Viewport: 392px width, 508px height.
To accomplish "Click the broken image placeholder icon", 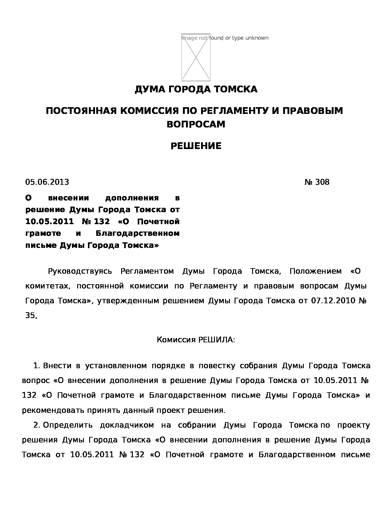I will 196,57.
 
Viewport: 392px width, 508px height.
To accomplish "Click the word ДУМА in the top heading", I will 146,89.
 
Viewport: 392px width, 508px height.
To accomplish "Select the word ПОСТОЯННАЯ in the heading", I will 81,111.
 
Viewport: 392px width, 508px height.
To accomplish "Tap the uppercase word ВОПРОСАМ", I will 196,124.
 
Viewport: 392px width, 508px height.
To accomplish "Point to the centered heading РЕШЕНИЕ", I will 196,146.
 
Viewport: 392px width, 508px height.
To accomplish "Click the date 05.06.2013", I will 47,182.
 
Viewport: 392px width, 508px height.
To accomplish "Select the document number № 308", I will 317,182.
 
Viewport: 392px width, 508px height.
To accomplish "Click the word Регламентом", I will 147,272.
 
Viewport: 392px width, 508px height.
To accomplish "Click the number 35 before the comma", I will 30,316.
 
